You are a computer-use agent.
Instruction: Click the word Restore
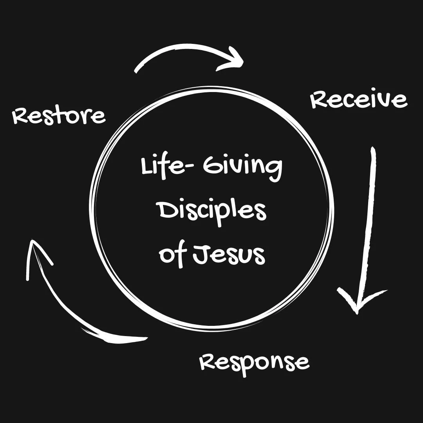click(59, 116)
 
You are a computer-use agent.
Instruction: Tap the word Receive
click(359, 99)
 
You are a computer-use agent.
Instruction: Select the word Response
click(255, 362)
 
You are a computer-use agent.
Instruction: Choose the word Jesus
click(229, 255)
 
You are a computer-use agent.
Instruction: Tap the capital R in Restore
click(20, 116)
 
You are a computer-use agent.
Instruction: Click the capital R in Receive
click(319, 100)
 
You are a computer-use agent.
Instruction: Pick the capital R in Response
click(208, 362)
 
